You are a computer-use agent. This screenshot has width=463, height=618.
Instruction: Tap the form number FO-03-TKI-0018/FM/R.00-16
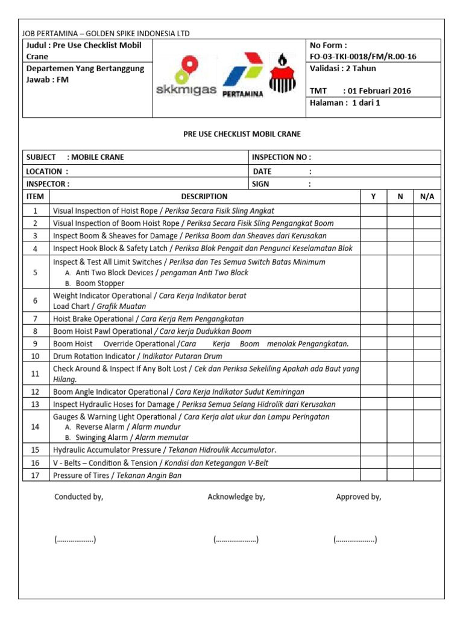coord(362,57)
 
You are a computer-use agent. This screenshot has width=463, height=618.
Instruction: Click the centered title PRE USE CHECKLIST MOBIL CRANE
coord(242,134)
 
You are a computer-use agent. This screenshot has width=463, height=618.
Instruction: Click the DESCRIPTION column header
coord(204,196)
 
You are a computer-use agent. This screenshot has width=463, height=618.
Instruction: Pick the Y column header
coord(373,196)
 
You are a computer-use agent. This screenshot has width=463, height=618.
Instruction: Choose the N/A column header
coord(427,196)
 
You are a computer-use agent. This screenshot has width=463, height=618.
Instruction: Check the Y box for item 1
coord(373,211)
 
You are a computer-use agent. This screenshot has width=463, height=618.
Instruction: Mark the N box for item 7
coord(400,319)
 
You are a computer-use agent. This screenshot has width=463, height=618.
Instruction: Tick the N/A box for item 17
coord(427,475)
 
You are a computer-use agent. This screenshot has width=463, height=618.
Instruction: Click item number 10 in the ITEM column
coord(36,356)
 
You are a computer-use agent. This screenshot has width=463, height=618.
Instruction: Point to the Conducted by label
coord(79,497)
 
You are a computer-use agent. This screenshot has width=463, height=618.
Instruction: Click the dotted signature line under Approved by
coord(355,540)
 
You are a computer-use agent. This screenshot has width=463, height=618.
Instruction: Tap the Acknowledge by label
coord(236,497)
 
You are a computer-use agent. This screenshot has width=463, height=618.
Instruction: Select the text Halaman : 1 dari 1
coord(345,103)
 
